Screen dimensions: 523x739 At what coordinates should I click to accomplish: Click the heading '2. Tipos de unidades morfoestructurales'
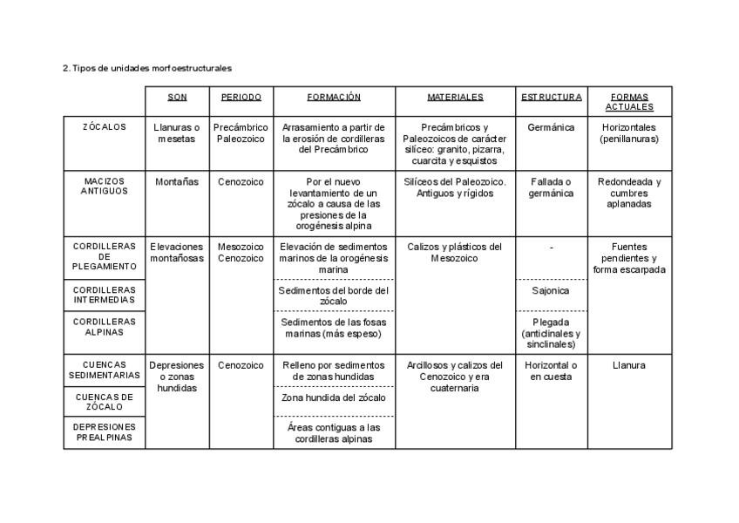point(146,68)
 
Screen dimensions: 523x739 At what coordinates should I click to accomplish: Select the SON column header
point(177,97)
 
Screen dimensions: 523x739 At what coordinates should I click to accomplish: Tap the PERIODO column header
point(241,97)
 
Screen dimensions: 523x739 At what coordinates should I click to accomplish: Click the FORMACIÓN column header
point(334,97)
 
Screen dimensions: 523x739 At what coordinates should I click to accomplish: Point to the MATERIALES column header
point(455,97)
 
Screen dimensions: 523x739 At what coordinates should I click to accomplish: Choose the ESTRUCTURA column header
point(551,97)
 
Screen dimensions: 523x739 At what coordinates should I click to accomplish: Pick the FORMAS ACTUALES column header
point(629,102)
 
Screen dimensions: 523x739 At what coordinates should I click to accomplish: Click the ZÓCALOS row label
point(105,127)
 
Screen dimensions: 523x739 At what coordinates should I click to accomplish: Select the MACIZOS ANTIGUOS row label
point(105,187)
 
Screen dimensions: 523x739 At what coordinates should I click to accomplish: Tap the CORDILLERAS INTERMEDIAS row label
point(105,295)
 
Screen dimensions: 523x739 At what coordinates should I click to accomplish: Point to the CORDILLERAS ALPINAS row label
point(105,326)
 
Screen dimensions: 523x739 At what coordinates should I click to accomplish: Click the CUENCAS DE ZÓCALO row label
point(105,401)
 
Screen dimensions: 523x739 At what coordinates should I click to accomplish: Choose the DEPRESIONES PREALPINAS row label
point(105,432)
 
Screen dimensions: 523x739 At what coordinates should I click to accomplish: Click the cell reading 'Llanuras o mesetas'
point(177,132)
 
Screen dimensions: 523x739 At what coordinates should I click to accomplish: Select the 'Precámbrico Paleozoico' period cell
point(241,132)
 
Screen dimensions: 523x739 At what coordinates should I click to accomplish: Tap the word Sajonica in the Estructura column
point(551,290)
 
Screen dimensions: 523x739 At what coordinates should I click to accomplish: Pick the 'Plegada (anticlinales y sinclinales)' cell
point(551,333)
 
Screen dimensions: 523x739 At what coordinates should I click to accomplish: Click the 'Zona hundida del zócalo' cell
point(334,397)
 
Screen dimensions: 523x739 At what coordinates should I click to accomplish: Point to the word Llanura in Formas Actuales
point(629,365)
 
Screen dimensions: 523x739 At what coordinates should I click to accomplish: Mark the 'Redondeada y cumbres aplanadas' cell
point(629,193)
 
